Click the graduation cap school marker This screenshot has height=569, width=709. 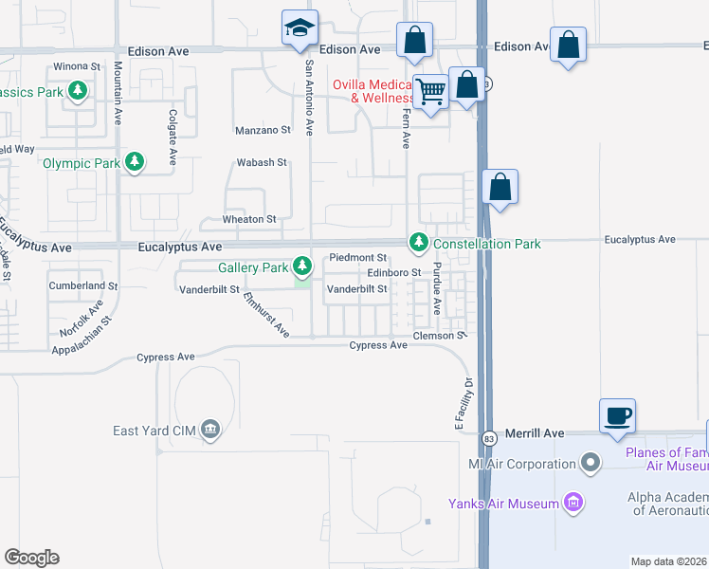pyautogui.click(x=300, y=28)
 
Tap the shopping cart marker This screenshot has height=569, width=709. pyautogui.click(x=430, y=92)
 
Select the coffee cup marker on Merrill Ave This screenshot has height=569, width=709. pyautogui.click(x=617, y=415)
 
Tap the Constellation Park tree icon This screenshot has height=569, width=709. pyautogui.click(x=418, y=243)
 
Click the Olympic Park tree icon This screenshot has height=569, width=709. pyautogui.click(x=136, y=162)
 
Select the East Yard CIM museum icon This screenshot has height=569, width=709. pyautogui.click(x=210, y=431)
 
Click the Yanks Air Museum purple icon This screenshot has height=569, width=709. pyautogui.click(x=573, y=502)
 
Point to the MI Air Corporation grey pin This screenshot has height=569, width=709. pyautogui.click(x=591, y=464)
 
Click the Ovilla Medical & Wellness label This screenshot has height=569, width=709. pyautogui.click(x=373, y=91)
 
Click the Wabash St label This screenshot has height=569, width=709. pyautogui.click(x=261, y=162)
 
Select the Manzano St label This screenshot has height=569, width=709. pyautogui.click(x=263, y=130)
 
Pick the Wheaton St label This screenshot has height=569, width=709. pyautogui.click(x=248, y=219)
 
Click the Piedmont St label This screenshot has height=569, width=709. pyautogui.click(x=357, y=257)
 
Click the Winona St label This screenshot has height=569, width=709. pyautogui.click(x=77, y=67)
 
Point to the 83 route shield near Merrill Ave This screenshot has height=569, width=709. pyautogui.click(x=489, y=438)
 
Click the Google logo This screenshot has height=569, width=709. pyautogui.click(x=31, y=557)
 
